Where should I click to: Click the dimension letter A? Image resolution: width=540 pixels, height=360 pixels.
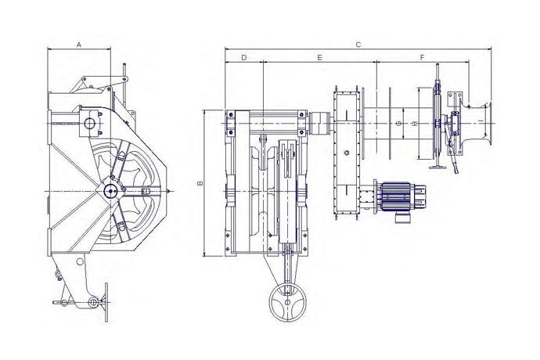click(x=79, y=45)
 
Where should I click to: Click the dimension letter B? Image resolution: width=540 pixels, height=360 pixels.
click(x=200, y=183)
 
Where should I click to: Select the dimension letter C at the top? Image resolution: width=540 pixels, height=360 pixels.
click(x=358, y=45)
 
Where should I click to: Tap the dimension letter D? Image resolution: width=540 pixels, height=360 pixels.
click(x=244, y=57)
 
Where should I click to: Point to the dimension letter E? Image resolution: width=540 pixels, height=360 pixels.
click(x=319, y=57)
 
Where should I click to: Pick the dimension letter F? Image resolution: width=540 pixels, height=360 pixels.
click(x=423, y=57)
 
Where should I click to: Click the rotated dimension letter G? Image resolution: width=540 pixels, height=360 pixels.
click(x=399, y=124)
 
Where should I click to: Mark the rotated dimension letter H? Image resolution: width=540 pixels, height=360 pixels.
click(x=415, y=124)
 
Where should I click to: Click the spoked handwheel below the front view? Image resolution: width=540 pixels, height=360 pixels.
click(x=288, y=303)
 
